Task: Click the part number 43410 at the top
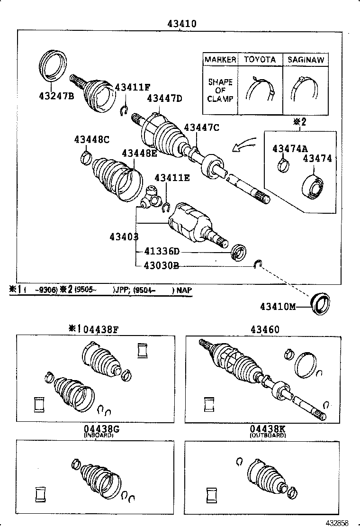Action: [x=181, y=23]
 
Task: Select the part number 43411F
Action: [x=132, y=87]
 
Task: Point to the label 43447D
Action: [x=164, y=99]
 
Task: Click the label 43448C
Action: [x=91, y=139]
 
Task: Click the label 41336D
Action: [x=161, y=251]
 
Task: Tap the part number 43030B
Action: [x=161, y=265]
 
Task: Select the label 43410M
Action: [x=278, y=307]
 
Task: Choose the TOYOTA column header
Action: [x=260, y=60]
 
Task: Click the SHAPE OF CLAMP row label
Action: [x=220, y=90]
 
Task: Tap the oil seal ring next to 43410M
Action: [x=320, y=303]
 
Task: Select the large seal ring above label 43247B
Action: [x=52, y=65]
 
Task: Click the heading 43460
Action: [x=265, y=330]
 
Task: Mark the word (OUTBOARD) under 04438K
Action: [x=268, y=435]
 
